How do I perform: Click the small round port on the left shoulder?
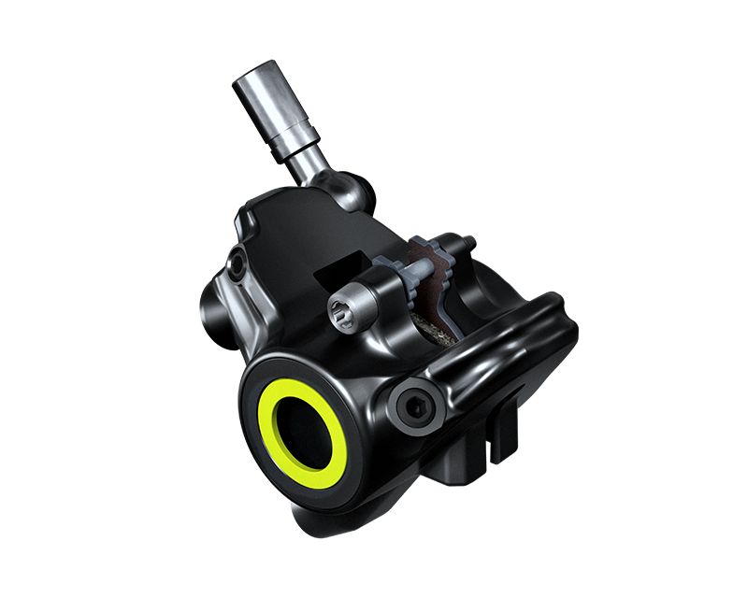pos(237,266)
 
